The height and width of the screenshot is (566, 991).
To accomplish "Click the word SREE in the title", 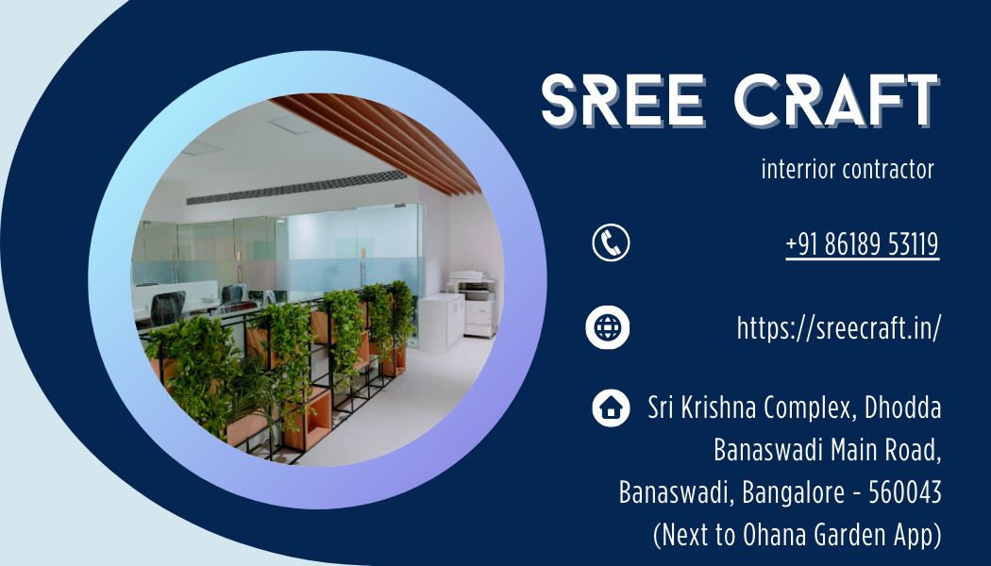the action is tap(623, 101).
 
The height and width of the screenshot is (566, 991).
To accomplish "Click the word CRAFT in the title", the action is tap(837, 101).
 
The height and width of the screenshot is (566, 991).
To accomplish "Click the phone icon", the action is tap(611, 241).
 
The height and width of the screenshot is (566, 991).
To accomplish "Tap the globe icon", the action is tap(608, 327).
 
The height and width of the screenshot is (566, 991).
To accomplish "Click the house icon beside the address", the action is tap(611, 408).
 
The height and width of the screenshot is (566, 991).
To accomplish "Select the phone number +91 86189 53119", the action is tap(863, 244).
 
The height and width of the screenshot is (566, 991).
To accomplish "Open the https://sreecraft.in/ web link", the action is tap(839, 328).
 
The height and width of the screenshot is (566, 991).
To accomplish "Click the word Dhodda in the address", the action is tap(902, 408).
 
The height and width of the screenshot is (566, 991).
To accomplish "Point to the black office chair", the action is tap(167, 308).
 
